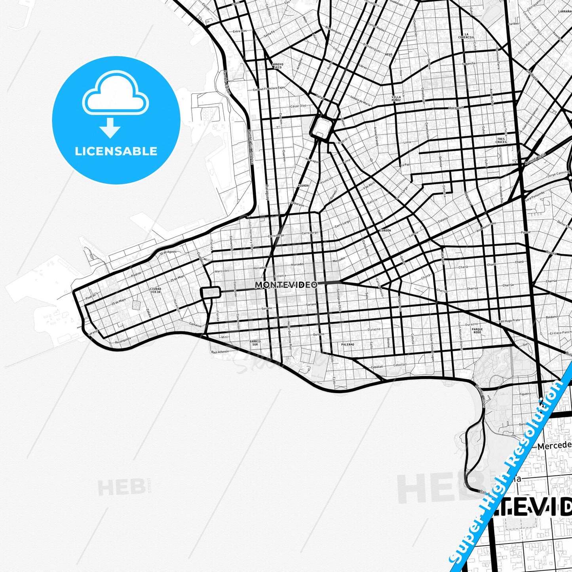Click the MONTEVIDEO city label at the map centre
click(x=286, y=285)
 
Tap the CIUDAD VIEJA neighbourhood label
click(x=156, y=290)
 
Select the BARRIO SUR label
click(x=255, y=342)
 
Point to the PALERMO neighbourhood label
click(x=348, y=345)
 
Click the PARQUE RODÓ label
click(x=477, y=331)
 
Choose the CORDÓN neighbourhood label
click(x=385, y=230)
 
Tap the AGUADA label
click(x=303, y=185)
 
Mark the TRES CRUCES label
click(x=501, y=140)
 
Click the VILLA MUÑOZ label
click(x=396, y=98)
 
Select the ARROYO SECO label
click(x=277, y=65)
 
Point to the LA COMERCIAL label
click(x=466, y=36)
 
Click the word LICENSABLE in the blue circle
click(x=116, y=151)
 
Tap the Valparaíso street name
click(x=297, y=204)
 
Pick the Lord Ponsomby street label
click(x=535, y=196)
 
